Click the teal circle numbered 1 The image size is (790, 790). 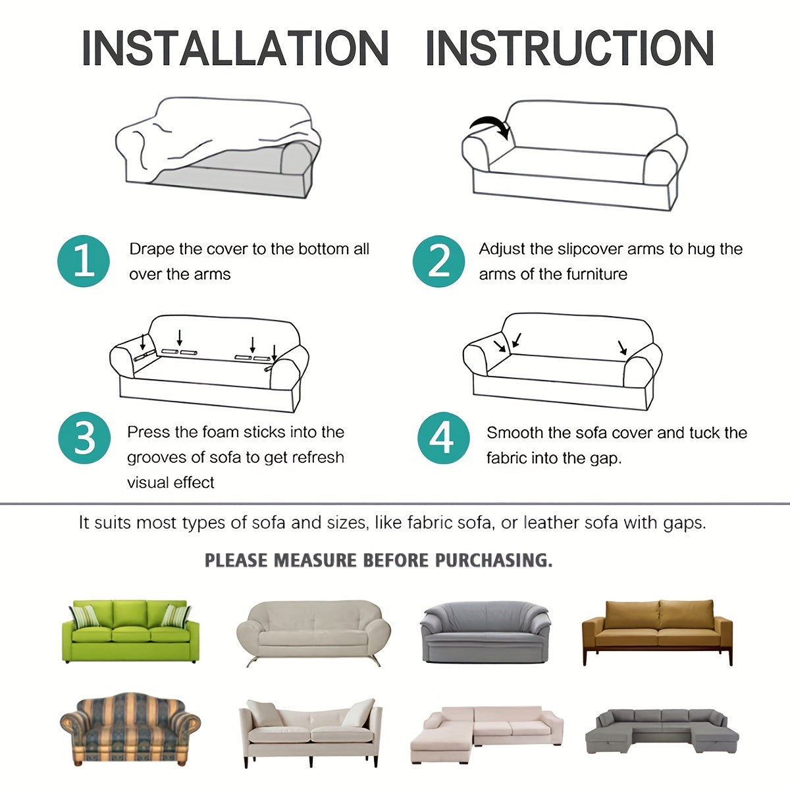pyautogui.click(x=84, y=261)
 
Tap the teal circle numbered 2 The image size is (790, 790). pyautogui.click(x=438, y=261)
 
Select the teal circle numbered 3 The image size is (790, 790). pyautogui.click(x=84, y=438)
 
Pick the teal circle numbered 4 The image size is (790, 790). pyautogui.click(x=444, y=438)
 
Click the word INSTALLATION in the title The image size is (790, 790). pyautogui.click(x=235, y=48)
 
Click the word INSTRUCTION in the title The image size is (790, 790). pyautogui.click(x=570, y=48)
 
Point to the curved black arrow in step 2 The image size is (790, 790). pyautogui.click(x=492, y=125)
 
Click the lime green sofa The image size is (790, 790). pyautogui.click(x=130, y=631)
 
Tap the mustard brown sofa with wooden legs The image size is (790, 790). pyautogui.click(x=657, y=632)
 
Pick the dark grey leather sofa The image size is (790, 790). pyautogui.click(x=485, y=632)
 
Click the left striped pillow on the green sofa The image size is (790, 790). pyautogui.click(x=85, y=616)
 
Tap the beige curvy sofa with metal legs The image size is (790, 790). pyautogui.click(x=313, y=633)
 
